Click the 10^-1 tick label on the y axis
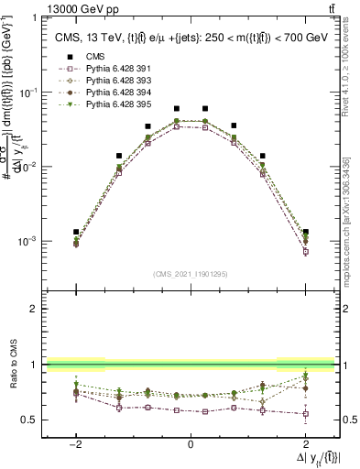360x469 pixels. click(29, 93)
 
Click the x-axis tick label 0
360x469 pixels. click(191, 445)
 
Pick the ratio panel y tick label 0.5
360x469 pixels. click(32, 420)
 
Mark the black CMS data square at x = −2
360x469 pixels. click(76, 232)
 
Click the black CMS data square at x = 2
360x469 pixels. click(306, 232)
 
